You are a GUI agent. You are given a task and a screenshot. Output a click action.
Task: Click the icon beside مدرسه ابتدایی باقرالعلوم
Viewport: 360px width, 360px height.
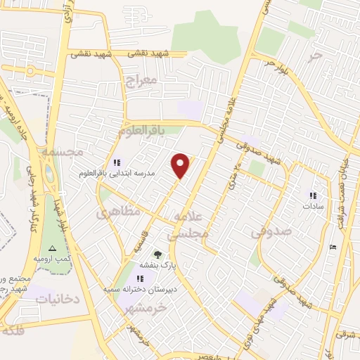point(116,162)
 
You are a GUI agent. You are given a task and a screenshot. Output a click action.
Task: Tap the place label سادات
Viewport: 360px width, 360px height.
point(311,207)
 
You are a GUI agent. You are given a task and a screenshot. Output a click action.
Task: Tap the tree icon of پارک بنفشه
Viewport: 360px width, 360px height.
point(157,255)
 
